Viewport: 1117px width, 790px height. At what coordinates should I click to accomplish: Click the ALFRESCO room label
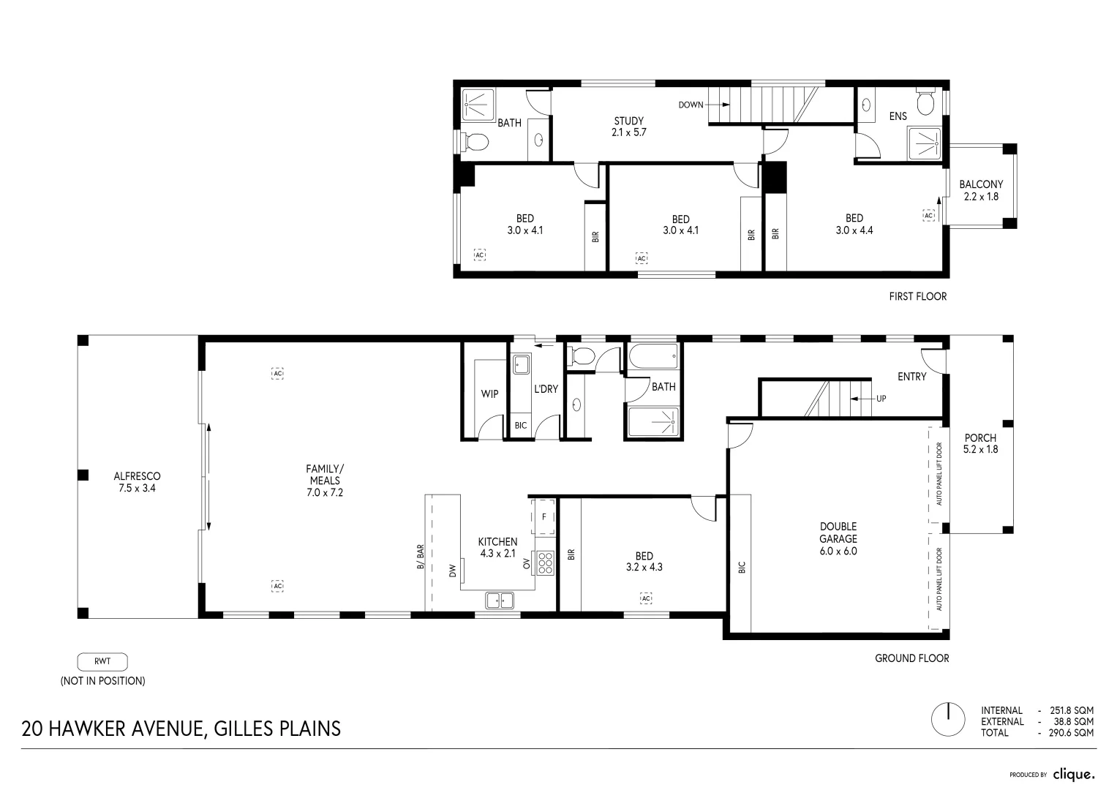point(137,476)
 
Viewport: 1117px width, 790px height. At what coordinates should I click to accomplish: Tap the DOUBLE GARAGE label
point(838,533)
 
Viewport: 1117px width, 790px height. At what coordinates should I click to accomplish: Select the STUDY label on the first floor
point(629,121)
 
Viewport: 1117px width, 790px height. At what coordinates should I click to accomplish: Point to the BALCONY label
point(981,184)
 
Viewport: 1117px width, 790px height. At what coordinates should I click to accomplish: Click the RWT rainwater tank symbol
point(102,662)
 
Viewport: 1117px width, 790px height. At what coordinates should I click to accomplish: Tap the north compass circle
point(948,720)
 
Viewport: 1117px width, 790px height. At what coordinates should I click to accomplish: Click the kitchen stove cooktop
point(546,563)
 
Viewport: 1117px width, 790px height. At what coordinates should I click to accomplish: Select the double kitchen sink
point(500,601)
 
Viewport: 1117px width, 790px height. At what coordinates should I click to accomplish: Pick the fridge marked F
point(544,516)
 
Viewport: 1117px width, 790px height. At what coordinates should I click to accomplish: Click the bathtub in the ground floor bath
point(653,356)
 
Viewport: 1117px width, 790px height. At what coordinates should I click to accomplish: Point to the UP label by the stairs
point(881,399)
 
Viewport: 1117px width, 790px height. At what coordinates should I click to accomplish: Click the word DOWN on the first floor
point(691,105)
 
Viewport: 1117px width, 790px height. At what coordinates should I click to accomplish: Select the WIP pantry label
point(489,394)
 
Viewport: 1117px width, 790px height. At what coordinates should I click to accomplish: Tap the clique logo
point(1074,775)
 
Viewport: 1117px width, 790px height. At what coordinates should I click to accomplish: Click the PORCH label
point(980,438)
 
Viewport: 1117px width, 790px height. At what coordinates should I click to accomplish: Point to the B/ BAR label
point(421,557)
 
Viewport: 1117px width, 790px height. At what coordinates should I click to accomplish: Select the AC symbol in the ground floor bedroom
point(646,598)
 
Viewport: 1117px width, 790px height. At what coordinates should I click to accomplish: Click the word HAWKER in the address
point(88,729)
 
